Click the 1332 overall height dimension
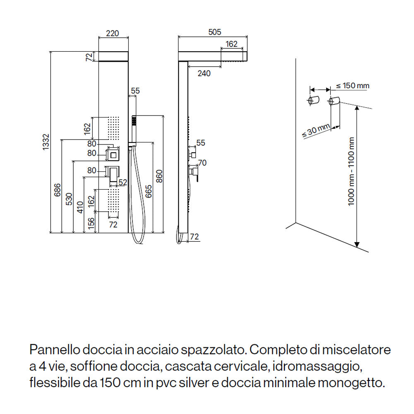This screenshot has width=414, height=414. click(46, 142)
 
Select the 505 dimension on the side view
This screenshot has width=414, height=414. click(214, 32)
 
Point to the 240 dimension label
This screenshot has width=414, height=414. click(204, 73)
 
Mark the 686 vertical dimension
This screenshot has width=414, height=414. click(58, 191)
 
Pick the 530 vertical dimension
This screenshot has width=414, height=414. click(69, 200)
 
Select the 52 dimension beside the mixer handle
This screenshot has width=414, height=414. click(123, 182)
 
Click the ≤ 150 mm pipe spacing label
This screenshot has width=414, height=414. click(352, 86)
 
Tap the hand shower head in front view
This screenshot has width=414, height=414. click(134, 121)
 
